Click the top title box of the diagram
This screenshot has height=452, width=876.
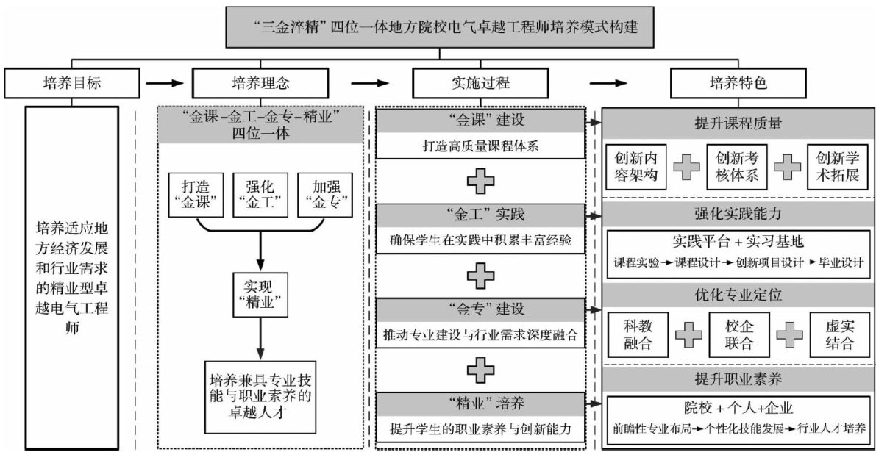(x=440, y=29)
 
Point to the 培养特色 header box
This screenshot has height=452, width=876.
(x=738, y=83)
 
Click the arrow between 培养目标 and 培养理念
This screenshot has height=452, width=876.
(x=166, y=83)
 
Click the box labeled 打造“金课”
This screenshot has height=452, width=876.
(x=193, y=195)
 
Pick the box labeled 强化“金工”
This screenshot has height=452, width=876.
(x=258, y=195)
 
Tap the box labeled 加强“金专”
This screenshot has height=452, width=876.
(x=324, y=195)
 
